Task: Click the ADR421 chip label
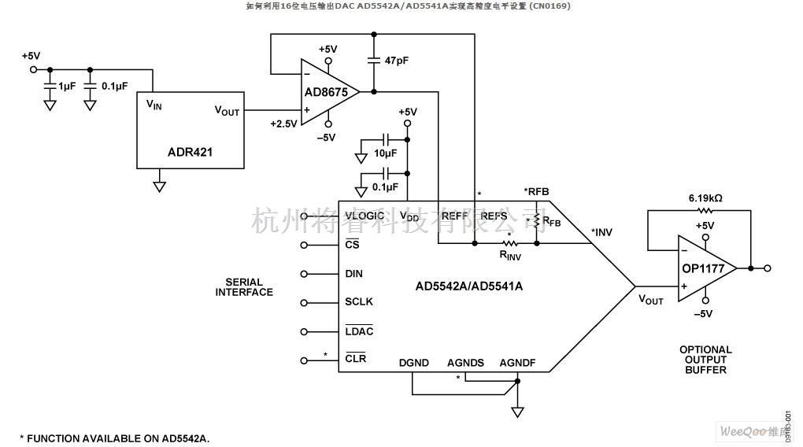tap(190, 153)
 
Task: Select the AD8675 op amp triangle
tap(326, 92)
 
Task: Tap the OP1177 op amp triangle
tap(703, 268)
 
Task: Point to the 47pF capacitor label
tap(395, 61)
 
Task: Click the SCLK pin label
tap(359, 301)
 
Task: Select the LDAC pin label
tap(359, 331)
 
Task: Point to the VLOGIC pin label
tap(364, 216)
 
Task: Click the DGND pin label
tap(413, 363)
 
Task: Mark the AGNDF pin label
tap(518, 363)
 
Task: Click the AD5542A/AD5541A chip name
tap(469, 286)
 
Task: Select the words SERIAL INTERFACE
tap(244, 287)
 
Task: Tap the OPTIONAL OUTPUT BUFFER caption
tap(705, 359)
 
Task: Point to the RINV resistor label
tap(510, 255)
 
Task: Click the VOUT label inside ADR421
tap(227, 111)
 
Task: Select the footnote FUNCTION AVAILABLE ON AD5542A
tap(114, 438)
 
